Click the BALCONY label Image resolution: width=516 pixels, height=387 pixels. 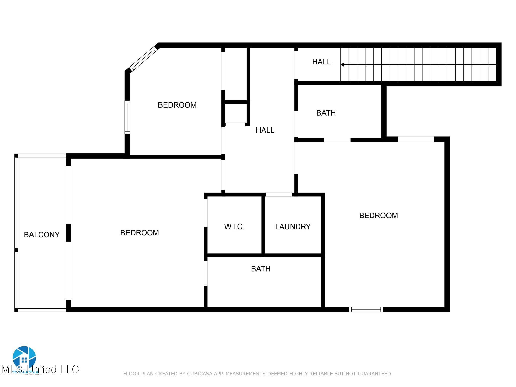click(x=42, y=235)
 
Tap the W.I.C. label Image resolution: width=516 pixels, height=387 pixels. click(x=234, y=227)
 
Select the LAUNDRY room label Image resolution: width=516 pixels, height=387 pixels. click(x=293, y=227)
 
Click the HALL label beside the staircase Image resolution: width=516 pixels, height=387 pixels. click(x=321, y=62)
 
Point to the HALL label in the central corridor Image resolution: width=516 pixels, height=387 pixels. click(x=265, y=130)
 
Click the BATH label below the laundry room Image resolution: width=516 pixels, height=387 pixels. click(x=261, y=269)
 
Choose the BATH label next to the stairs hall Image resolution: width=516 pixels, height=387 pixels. click(x=326, y=113)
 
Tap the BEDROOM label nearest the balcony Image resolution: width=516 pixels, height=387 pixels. click(x=140, y=233)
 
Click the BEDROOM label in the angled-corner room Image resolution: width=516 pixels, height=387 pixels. click(x=177, y=105)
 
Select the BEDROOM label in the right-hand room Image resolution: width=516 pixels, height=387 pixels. click(x=378, y=216)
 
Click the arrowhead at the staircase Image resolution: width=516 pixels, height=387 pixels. click(x=342, y=65)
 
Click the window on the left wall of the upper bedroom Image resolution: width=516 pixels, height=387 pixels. click(x=127, y=117)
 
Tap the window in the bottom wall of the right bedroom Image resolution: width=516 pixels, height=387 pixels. click(x=366, y=309)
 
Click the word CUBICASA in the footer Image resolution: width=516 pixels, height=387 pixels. click(x=200, y=374)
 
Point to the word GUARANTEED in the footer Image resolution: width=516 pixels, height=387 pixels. click(x=377, y=374)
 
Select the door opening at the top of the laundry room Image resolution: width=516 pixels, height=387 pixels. click(x=279, y=195)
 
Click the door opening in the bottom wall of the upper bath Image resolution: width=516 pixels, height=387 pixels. click(x=337, y=140)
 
